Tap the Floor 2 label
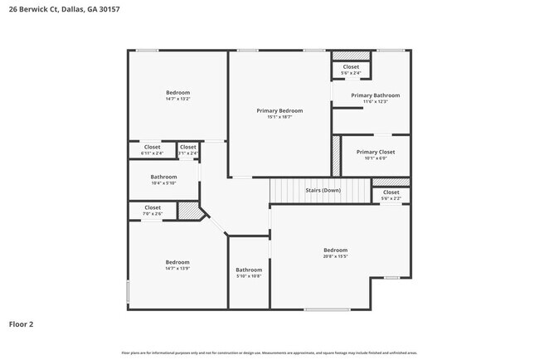coord(22,324)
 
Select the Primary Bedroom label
coord(279,110)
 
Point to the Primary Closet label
coord(375,152)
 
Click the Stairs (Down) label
coord(322,191)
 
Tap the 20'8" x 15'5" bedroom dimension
coord(335,256)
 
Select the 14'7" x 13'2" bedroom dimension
coord(177,99)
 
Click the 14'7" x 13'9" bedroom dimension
coord(177,268)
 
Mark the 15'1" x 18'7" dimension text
coord(279,117)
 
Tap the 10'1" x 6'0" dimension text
coord(375,158)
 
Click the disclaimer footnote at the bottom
coord(269,353)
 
